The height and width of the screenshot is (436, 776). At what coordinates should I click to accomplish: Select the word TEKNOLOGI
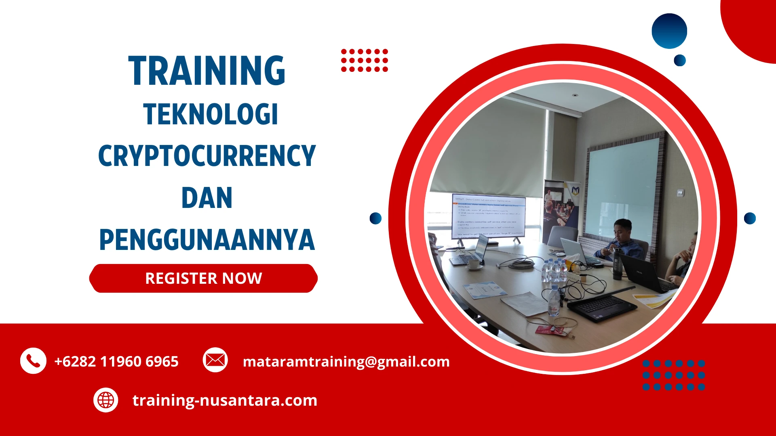(211, 114)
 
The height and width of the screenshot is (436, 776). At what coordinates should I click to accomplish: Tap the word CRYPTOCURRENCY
(207, 156)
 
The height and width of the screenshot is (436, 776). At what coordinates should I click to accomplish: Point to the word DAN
(207, 198)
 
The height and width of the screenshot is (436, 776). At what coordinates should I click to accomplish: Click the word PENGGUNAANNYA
(207, 240)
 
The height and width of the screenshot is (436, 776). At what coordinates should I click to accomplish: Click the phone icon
(33, 361)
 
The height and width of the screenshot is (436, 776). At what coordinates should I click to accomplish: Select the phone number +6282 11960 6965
(116, 361)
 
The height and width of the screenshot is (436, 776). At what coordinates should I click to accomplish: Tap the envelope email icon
(215, 360)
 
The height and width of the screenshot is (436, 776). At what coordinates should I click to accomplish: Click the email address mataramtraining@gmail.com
(346, 361)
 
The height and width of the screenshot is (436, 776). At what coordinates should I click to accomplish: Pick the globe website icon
(105, 400)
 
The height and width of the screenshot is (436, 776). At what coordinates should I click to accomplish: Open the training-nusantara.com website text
(225, 400)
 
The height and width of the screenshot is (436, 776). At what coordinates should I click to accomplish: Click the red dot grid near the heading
(364, 61)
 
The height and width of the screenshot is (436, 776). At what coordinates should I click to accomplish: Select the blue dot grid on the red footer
(673, 375)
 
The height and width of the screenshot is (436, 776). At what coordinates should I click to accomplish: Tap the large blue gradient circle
(669, 31)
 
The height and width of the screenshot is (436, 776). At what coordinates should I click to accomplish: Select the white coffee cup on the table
(474, 264)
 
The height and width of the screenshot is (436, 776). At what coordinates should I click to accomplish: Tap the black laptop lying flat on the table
(602, 307)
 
